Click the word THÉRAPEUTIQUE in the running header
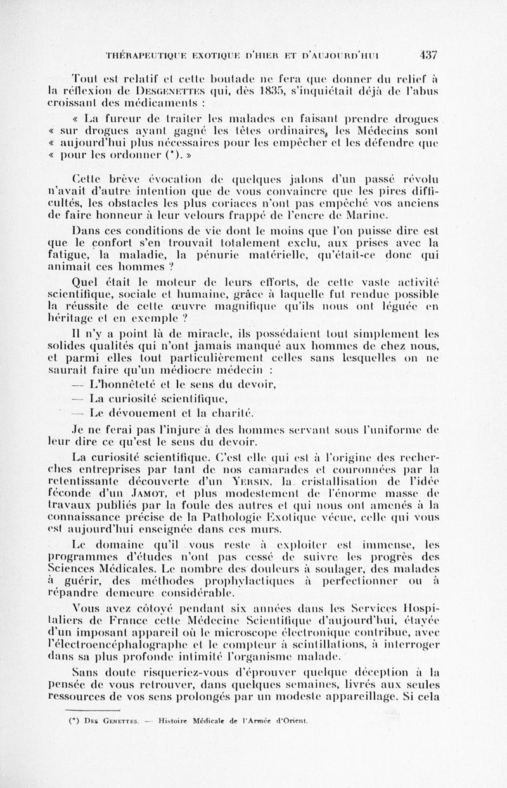[x=149, y=55]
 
